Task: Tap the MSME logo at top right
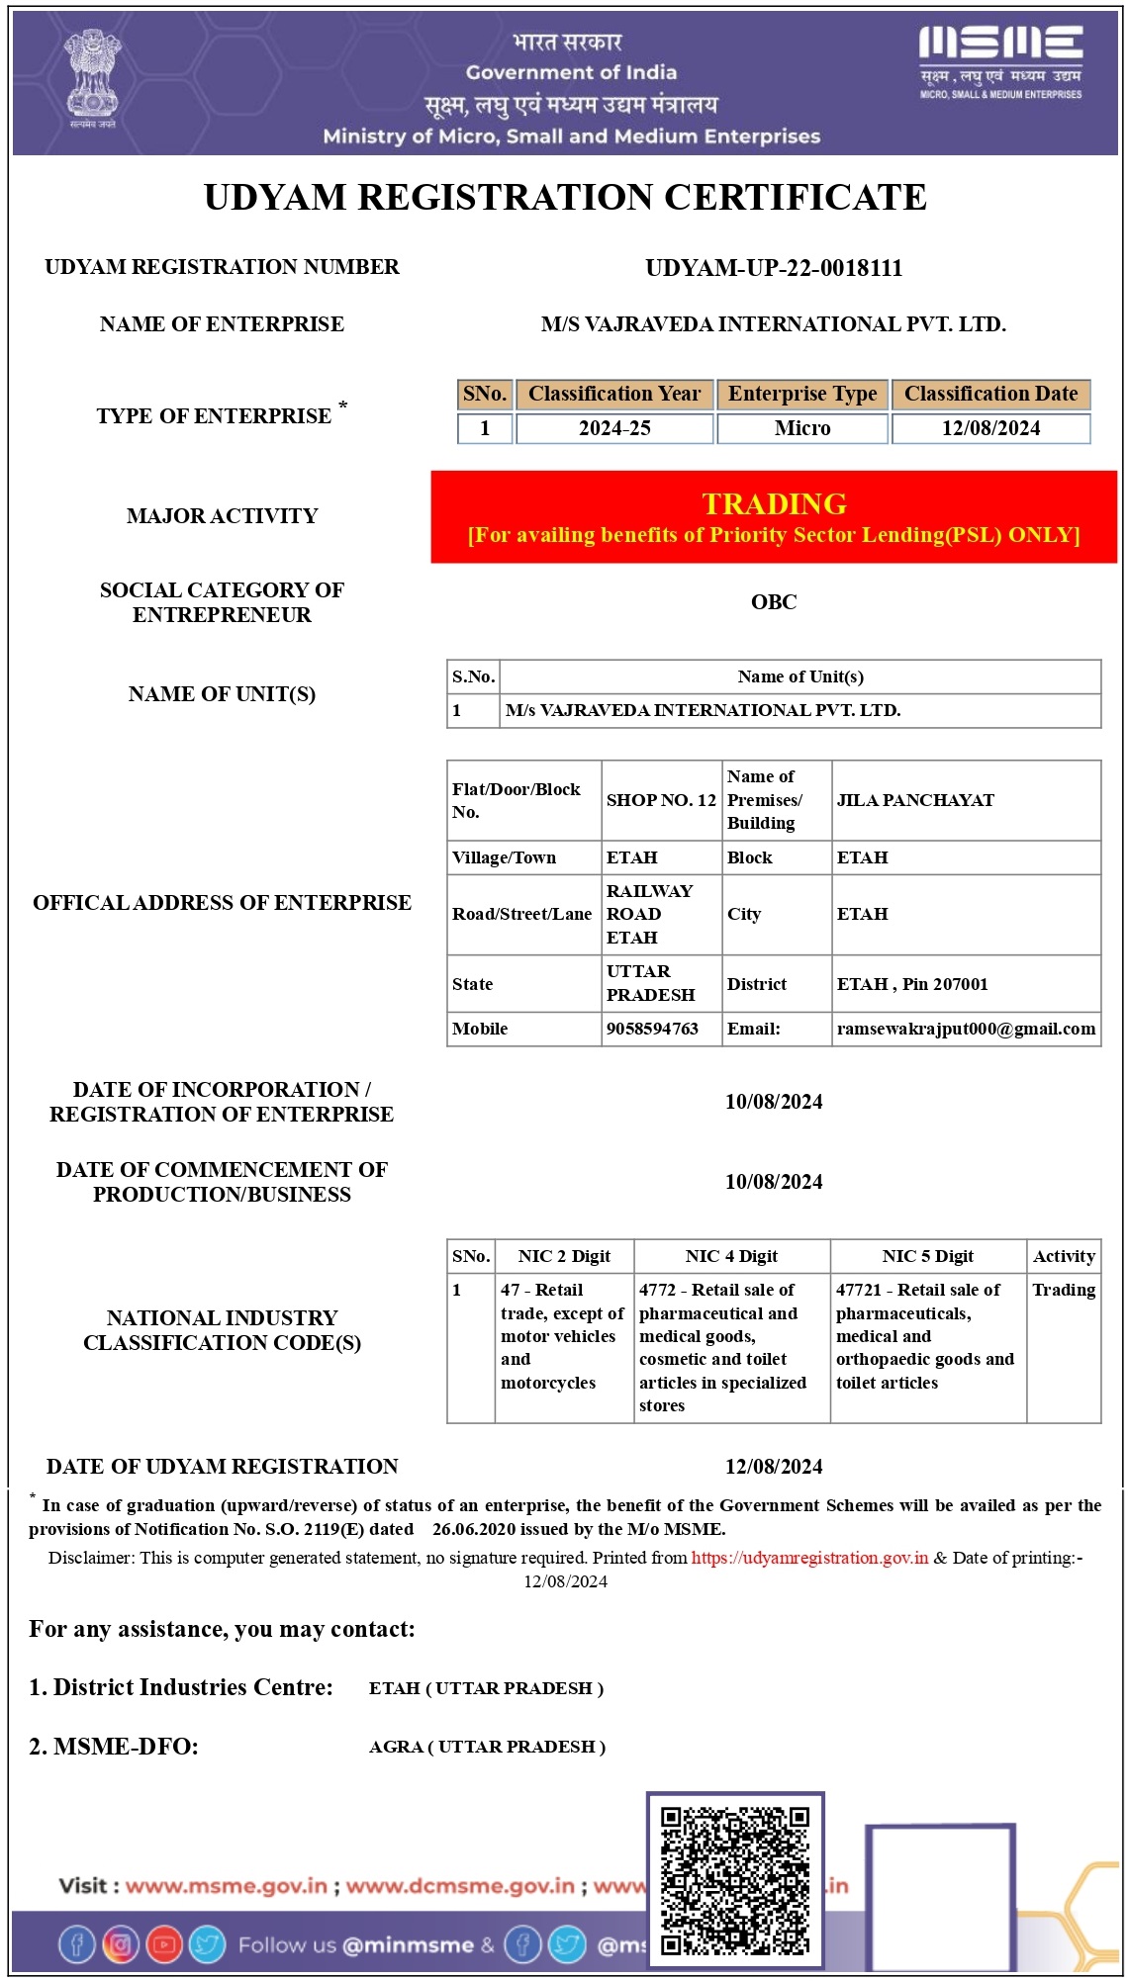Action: (x=1000, y=61)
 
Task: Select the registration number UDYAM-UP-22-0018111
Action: (x=774, y=268)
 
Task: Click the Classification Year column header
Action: (x=614, y=394)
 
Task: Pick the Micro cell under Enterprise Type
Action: (x=802, y=428)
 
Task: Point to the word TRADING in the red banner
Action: (x=774, y=503)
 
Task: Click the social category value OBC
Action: (x=774, y=601)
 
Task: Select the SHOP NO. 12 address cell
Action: (x=661, y=800)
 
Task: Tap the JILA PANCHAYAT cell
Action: (x=915, y=800)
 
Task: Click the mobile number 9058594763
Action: (x=652, y=1029)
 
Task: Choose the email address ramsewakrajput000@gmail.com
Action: (x=966, y=1029)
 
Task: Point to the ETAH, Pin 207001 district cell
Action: (x=912, y=984)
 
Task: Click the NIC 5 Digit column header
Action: (x=928, y=1256)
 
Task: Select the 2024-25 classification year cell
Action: (x=614, y=428)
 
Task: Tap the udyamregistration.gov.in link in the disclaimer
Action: (x=809, y=1558)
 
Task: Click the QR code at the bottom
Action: (x=735, y=1880)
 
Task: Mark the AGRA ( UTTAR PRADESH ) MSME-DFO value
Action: (x=487, y=1747)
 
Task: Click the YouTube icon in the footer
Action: (x=164, y=1944)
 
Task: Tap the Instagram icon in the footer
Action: (x=121, y=1944)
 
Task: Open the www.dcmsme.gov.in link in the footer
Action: (x=460, y=1886)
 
